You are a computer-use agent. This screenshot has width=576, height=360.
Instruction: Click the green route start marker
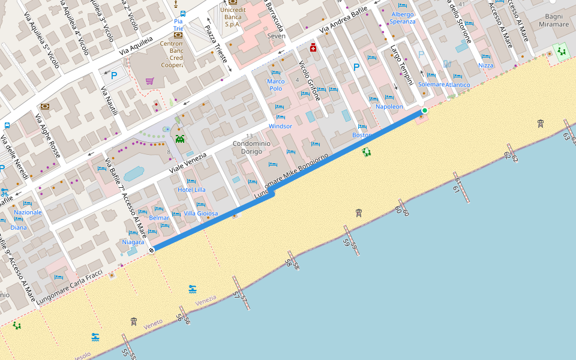[x=425, y=110]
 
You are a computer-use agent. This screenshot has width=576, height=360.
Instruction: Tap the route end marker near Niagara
[x=152, y=250]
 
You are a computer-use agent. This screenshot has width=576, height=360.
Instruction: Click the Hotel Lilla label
[x=191, y=190]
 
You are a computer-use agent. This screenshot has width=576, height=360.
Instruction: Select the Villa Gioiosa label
[x=201, y=214]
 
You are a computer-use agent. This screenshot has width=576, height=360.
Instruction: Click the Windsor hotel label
[x=280, y=126]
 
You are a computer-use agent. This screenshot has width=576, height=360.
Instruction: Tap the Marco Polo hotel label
[x=275, y=85]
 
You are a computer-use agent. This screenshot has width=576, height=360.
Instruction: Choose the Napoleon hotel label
[x=389, y=106]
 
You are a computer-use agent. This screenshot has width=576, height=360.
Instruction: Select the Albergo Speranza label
[x=402, y=18]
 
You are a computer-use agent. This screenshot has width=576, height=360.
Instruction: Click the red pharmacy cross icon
[x=313, y=47]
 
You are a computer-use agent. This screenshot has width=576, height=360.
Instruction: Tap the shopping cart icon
[x=149, y=81]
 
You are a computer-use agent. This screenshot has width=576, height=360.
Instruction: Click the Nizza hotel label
[x=485, y=65]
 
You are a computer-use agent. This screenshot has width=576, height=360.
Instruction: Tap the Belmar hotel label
[x=159, y=218]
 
